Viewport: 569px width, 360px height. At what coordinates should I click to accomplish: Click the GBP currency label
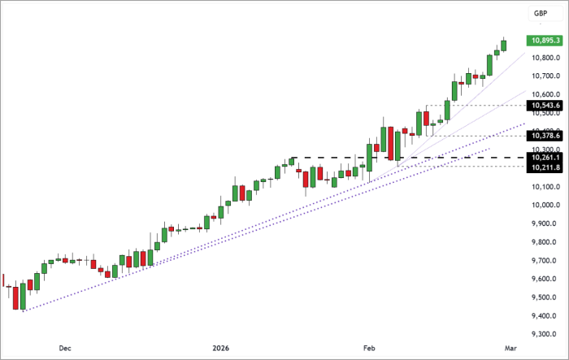coord(539,14)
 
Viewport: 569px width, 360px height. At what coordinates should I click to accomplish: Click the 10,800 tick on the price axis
coord(542,59)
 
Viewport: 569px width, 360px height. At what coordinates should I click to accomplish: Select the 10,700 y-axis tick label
coord(542,76)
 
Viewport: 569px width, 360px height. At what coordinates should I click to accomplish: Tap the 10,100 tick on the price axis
coord(542,187)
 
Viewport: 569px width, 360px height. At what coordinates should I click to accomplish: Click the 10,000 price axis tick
coord(542,206)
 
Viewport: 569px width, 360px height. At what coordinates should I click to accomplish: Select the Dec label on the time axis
coord(64,348)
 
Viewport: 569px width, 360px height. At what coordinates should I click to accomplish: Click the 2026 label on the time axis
coord(220,348)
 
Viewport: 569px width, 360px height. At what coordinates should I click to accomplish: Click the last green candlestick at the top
coord(504,46)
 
